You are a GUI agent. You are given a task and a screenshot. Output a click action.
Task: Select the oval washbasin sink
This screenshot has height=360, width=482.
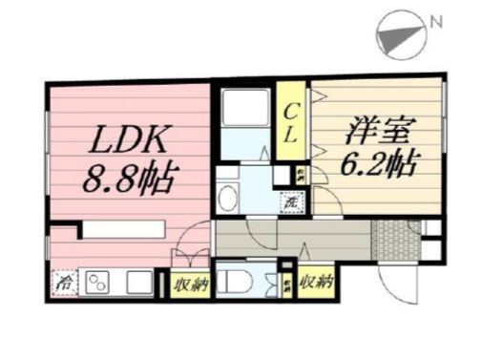[x=229, y=199]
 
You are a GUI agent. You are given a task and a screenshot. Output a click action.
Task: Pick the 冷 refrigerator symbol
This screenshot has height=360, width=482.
[x=65, y=283]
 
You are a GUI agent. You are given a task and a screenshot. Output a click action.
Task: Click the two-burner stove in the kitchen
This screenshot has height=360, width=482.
[x=100, y=283]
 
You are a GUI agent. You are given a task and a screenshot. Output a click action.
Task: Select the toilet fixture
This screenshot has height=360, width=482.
[x=235, y=282]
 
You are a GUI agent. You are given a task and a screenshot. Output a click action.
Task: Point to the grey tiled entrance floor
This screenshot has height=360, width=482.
[x=389, y=238]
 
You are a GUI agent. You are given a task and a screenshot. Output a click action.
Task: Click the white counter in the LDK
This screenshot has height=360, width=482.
[x=122, y=229]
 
